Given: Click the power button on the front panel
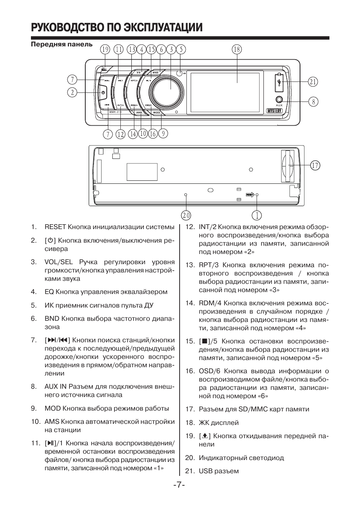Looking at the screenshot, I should point(103,92).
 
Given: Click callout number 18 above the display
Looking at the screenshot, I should point(237,49).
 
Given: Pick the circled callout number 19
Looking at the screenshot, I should point(105,49).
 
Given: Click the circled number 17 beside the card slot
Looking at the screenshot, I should point(315,165).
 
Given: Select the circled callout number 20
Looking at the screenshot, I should point(186,215).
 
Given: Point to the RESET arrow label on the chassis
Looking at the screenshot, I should point(249,195).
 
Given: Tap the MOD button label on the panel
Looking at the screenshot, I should point(157,112).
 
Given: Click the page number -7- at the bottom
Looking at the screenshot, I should point(179,484).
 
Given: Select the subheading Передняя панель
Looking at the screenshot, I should point(62,44).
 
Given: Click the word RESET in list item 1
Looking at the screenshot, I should point(55,227).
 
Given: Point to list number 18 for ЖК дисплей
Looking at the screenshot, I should point(190,423).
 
